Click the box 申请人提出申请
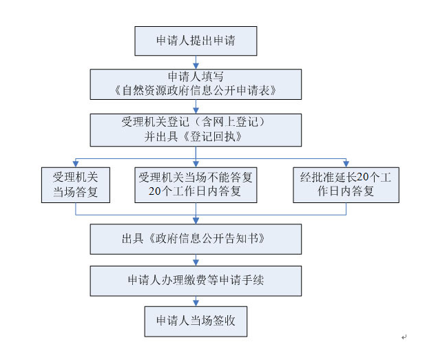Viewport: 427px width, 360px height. (196, 41)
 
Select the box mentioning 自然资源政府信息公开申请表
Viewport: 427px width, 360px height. (196, 83)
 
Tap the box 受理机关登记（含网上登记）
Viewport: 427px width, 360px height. (196, 129)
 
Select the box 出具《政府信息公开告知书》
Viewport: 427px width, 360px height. (196, 239)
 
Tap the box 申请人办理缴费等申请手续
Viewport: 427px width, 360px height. (196, 280)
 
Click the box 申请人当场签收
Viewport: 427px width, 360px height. (196, 321)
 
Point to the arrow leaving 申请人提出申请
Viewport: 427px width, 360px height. (196, 61)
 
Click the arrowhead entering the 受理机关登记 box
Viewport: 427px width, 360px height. (196, 109)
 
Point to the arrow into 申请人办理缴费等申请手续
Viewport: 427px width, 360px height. (196, 261)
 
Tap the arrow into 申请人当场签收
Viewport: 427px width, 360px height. (196, 301)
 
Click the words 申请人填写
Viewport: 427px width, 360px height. (196, 76)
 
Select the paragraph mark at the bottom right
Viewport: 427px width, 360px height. (404, 337)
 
